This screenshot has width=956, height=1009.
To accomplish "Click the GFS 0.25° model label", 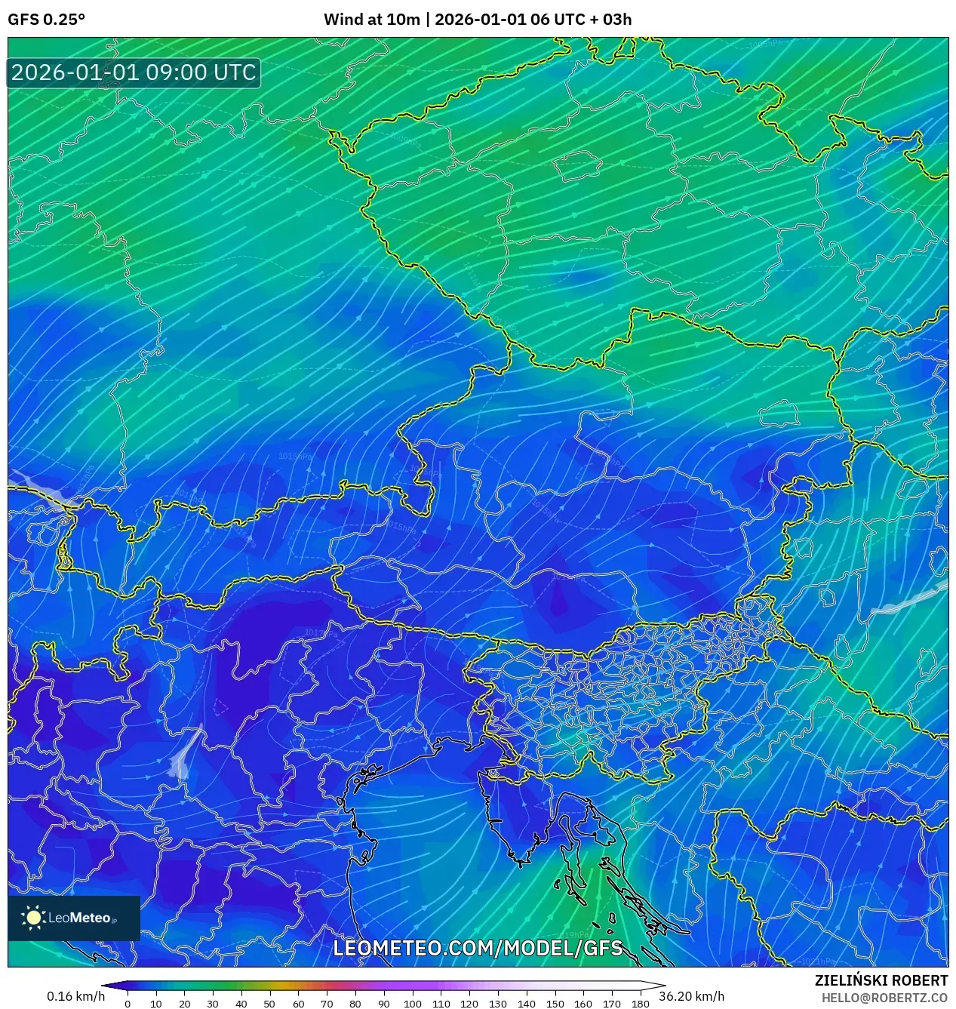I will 46,20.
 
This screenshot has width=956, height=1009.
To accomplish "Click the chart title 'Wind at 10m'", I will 371,20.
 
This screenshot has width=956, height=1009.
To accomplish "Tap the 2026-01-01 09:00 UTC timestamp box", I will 134,73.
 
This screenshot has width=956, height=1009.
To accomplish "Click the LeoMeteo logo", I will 74,918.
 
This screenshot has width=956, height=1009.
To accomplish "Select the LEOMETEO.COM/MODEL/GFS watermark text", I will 478,949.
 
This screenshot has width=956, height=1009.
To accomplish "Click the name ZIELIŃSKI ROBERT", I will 881,980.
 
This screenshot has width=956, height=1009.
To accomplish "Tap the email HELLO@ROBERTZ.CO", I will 884,998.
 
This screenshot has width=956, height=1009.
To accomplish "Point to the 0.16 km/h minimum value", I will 75,996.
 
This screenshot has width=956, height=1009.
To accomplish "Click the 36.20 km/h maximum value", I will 691,996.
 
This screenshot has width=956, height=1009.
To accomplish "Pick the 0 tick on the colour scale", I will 128,1004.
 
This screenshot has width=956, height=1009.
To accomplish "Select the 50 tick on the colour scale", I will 269,1004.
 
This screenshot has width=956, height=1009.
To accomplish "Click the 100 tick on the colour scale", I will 412,1004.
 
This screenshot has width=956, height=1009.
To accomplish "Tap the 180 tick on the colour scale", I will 640,1004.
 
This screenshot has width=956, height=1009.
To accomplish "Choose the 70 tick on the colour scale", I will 327,1004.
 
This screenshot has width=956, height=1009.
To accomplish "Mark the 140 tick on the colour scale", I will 526,1004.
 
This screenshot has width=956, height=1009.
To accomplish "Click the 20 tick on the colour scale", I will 184,1004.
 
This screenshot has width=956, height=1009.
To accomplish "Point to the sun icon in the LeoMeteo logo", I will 34,918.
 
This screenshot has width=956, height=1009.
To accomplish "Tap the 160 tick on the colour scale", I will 583,1004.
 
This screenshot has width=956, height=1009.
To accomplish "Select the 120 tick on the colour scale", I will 469,1004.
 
